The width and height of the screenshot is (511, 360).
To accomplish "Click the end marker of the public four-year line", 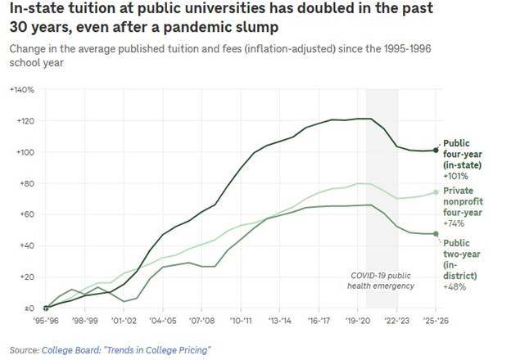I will (x=435, y=151).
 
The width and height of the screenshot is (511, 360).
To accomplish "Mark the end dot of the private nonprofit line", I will (x=435, y=192).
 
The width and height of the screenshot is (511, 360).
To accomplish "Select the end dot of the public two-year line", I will (x=435, y=234).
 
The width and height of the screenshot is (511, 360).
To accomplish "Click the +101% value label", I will (x=454, y=175).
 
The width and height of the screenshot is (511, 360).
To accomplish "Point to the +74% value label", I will (x=452, y=223).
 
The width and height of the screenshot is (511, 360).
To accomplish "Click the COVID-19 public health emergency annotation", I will (x=381, y=280).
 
